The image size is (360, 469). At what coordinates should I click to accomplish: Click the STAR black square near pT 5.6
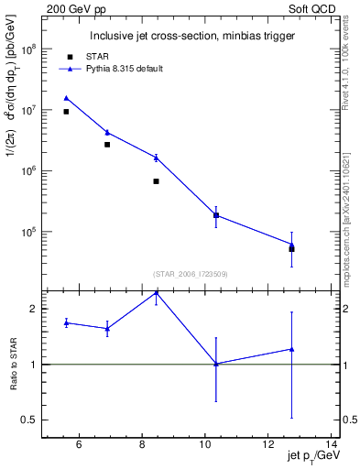click(66, 112)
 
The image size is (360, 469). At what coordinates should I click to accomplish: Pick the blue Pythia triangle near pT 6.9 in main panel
click(107, 132)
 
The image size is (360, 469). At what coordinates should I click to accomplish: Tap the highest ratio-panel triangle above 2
click(157, 292)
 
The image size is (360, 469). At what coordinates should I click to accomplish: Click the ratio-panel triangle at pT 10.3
click(216, 364)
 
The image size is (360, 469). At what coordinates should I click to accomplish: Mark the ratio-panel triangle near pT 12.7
click(291, 349)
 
